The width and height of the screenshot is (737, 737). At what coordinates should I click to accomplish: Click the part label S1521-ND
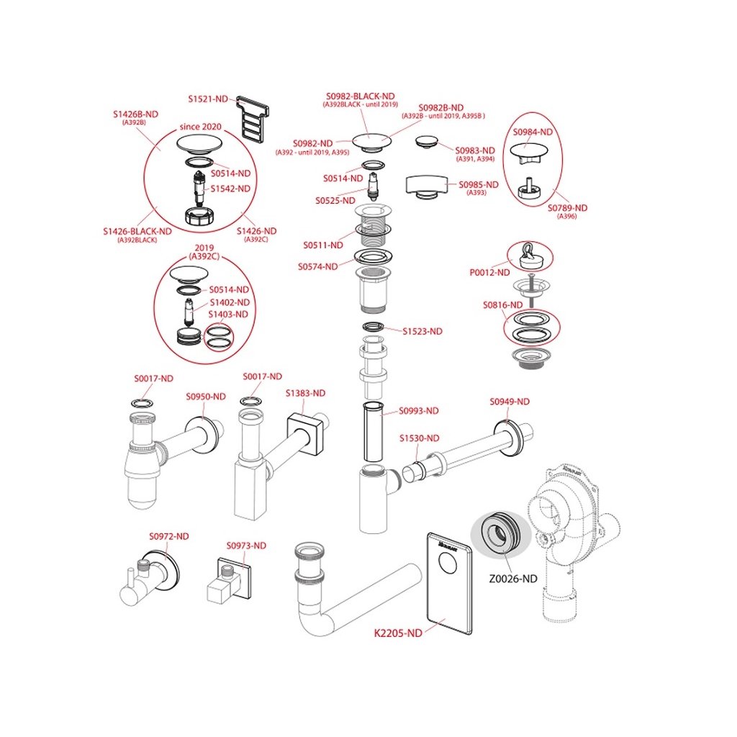tap(208, 99)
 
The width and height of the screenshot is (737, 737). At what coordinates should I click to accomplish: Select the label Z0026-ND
tap(512, 578)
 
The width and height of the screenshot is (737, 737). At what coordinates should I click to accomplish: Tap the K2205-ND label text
tap(397, 633)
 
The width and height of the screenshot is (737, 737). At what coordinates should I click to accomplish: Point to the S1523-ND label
tap(422, 331)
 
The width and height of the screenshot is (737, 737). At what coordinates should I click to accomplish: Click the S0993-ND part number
tap(419, 411)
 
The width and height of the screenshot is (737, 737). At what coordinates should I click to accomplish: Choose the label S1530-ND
tap(420, 438)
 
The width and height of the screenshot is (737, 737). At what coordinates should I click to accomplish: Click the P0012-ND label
tap(489, 273)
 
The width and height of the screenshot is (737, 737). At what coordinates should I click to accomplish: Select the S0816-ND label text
tap(503, 305)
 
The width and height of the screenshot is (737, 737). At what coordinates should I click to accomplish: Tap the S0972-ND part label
tap(169, 536)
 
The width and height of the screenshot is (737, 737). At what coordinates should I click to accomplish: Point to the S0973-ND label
tap(246, 546)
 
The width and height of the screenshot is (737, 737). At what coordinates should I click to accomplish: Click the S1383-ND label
tap(305, 393)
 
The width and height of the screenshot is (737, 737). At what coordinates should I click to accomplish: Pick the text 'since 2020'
tap(201, 127)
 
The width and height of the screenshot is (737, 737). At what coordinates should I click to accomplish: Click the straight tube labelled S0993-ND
tap(373, 432)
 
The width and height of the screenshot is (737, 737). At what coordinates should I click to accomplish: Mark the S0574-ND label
tap(317, 266)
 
